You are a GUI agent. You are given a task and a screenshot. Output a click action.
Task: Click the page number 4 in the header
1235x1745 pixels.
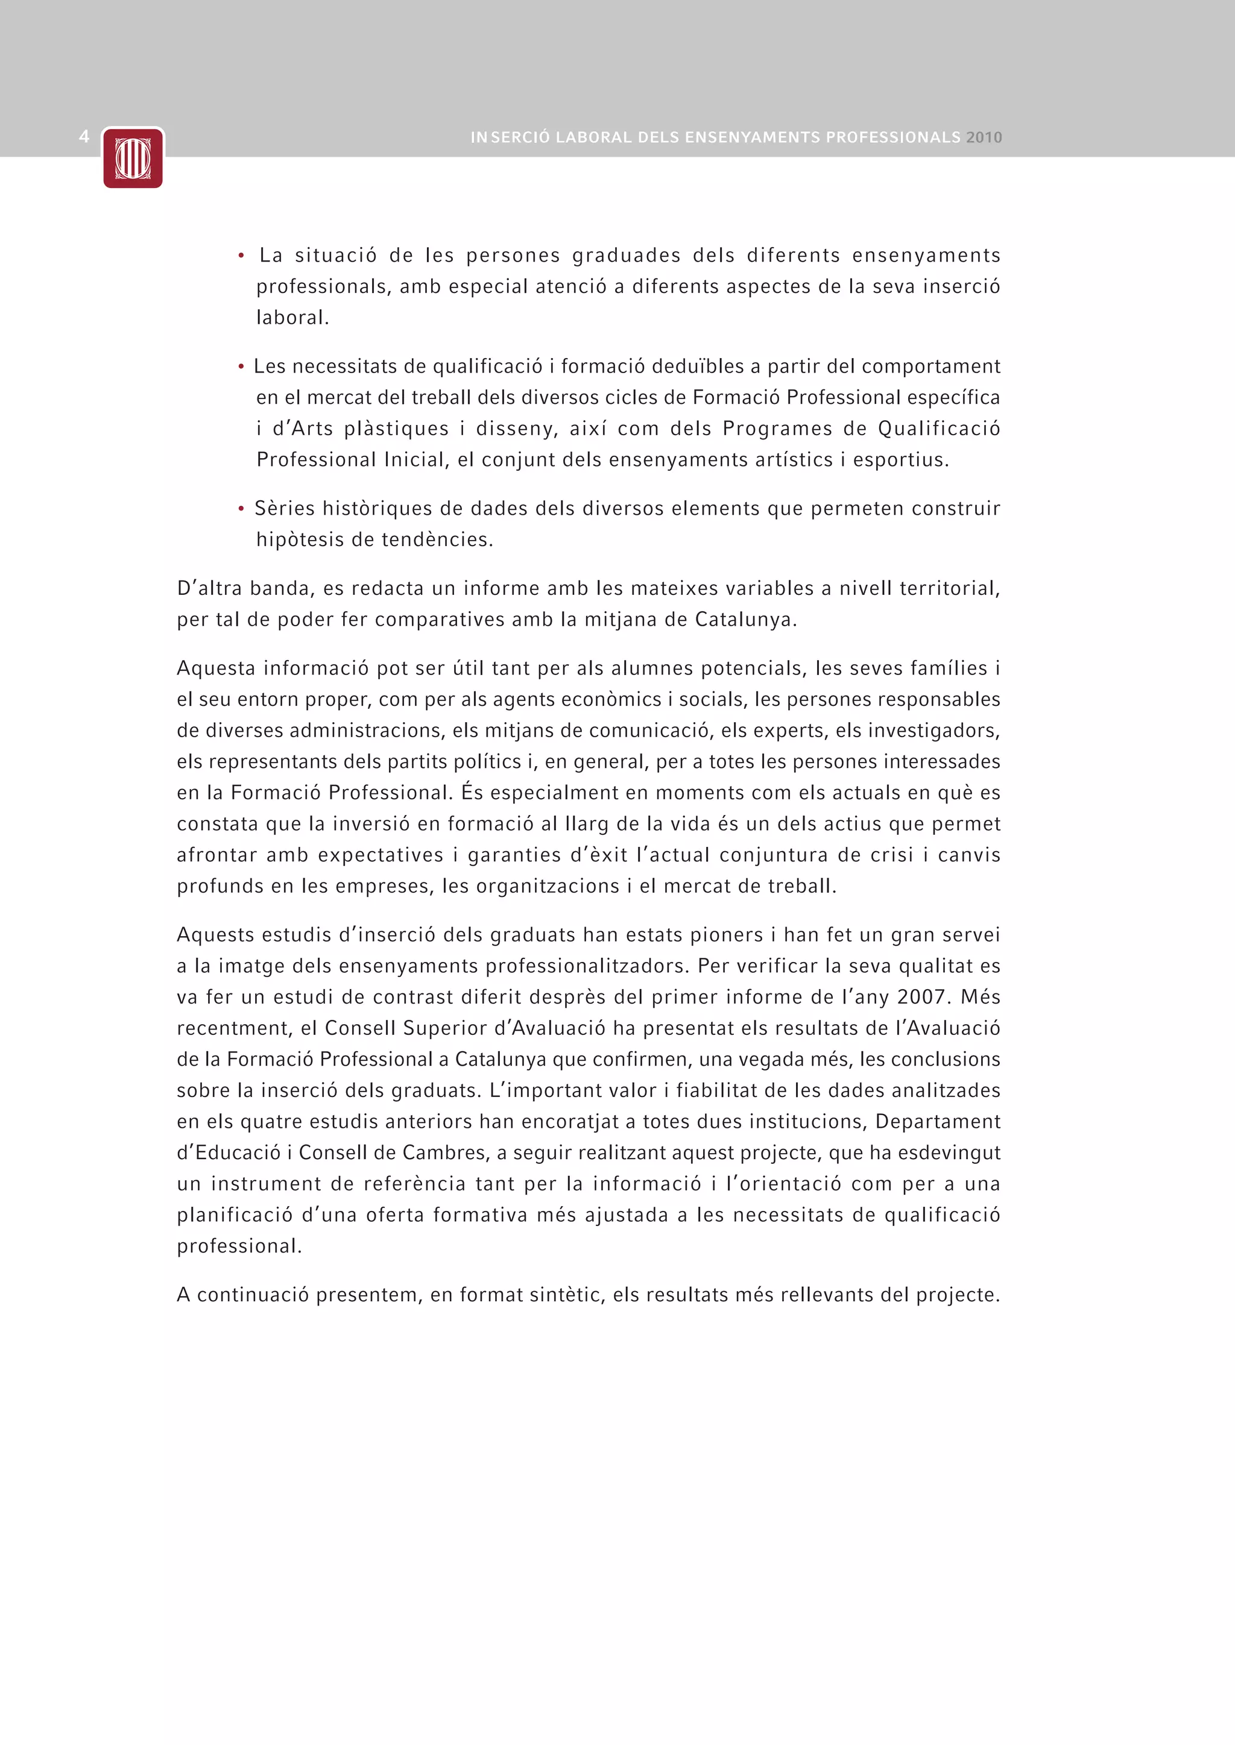[84, 137]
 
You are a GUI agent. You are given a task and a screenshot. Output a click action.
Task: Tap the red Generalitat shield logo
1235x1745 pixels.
[133, 158]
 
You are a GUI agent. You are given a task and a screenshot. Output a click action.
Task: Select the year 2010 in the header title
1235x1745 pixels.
[984, 137]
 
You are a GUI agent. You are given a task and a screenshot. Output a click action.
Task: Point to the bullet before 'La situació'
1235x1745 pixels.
[241, 256]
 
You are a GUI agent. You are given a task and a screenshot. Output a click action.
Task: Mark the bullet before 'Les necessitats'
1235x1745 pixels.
[241, 367]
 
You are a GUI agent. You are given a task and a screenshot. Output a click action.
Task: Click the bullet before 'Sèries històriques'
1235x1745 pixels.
[241, 509]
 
